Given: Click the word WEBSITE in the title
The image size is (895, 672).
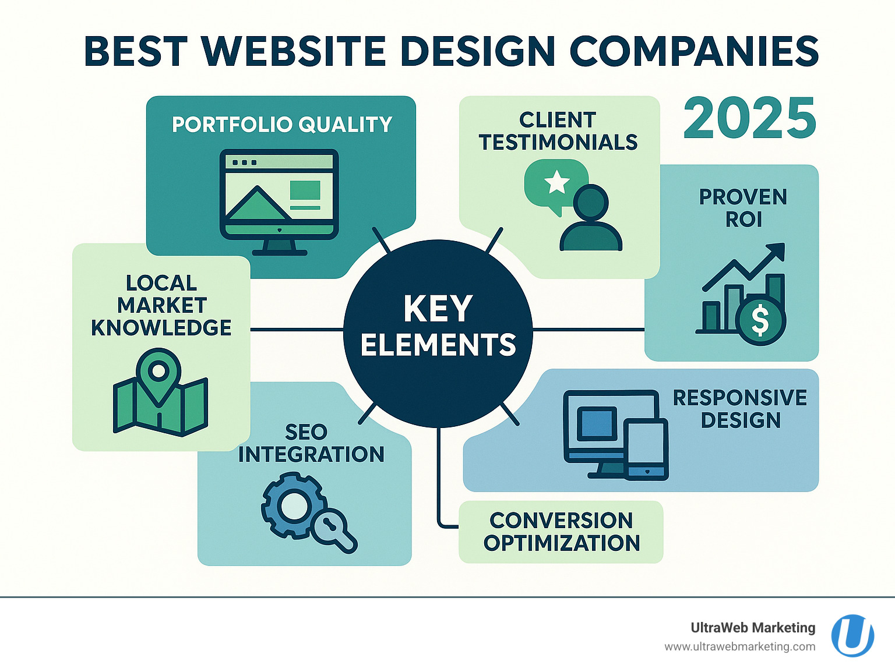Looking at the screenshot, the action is coord(293,51).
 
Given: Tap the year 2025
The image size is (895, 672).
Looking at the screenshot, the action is coord(749,119).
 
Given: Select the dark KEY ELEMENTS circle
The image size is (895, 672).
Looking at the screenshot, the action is coord(438,333).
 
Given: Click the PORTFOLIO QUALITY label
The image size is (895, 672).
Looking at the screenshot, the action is coord(282,124).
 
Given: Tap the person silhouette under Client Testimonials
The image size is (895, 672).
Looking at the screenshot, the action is coord(591,218).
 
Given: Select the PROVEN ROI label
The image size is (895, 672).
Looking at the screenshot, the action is coord(744,208).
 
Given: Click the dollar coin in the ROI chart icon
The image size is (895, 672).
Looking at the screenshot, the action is coord(760,321).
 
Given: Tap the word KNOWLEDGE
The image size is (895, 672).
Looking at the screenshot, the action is coord(161,328).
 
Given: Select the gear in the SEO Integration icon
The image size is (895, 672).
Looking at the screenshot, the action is coord(292,505).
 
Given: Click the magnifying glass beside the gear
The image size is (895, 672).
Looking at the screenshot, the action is coord(332,530).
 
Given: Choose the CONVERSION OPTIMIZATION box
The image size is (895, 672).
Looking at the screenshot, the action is coord(561,532).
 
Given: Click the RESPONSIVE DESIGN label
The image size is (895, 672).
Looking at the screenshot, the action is coord(739,409).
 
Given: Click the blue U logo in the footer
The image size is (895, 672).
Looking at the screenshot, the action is coord(852,636).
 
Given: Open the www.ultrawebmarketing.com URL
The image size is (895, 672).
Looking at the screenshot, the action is coord(739,647).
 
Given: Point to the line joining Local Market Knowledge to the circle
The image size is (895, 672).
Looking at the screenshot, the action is coord(297,329).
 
